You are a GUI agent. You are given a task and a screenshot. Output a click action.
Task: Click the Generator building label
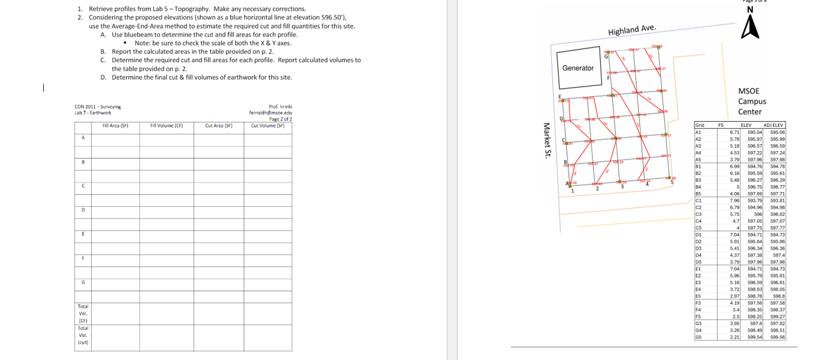[x=578, y=68]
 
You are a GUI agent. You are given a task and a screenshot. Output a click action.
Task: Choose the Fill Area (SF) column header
[x=116, y=126]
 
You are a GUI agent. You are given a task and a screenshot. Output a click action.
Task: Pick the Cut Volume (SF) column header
[x=267, y=126]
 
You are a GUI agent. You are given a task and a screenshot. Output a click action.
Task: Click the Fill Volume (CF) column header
[x=167, y=126]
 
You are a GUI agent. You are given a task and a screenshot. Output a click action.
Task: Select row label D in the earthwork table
[x=83, y=209]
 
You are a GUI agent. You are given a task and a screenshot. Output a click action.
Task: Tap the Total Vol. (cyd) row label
[x=83, y=335]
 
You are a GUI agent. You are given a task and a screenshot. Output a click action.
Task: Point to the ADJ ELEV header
[x=774, y=125]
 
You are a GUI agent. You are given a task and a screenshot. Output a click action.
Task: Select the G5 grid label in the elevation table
[x=699, y=338]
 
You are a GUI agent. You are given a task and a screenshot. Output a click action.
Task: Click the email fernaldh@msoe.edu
[x=270, y=112]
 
